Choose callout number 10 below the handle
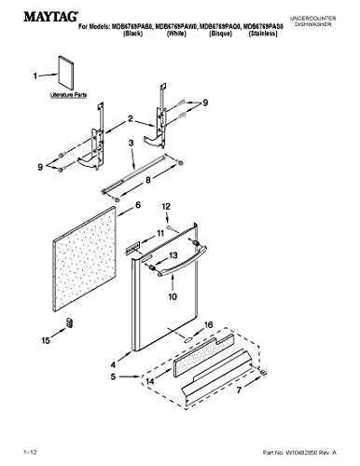coord(171,295)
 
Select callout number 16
coord(209,323)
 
